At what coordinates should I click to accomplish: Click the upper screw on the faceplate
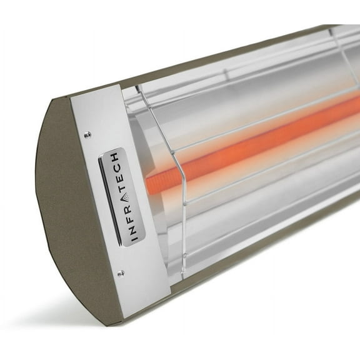pyautogui.click(x=87, y=133)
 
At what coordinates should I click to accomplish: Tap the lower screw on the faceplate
pyautogui.click(x=121, y=272)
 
